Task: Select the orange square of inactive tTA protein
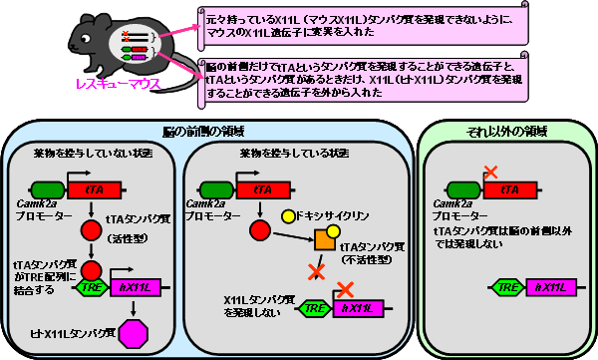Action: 325,240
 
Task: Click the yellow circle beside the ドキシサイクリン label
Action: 288,214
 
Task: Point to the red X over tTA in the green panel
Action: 489,174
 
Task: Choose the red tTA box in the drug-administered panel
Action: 263,187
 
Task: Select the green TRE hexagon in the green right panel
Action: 506,287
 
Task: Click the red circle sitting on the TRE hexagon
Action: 93,270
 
